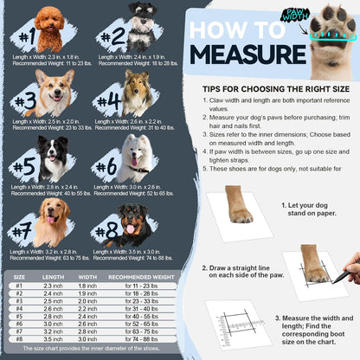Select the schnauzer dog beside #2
[x=141, y=26]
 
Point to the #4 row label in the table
[x=19, y=308]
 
